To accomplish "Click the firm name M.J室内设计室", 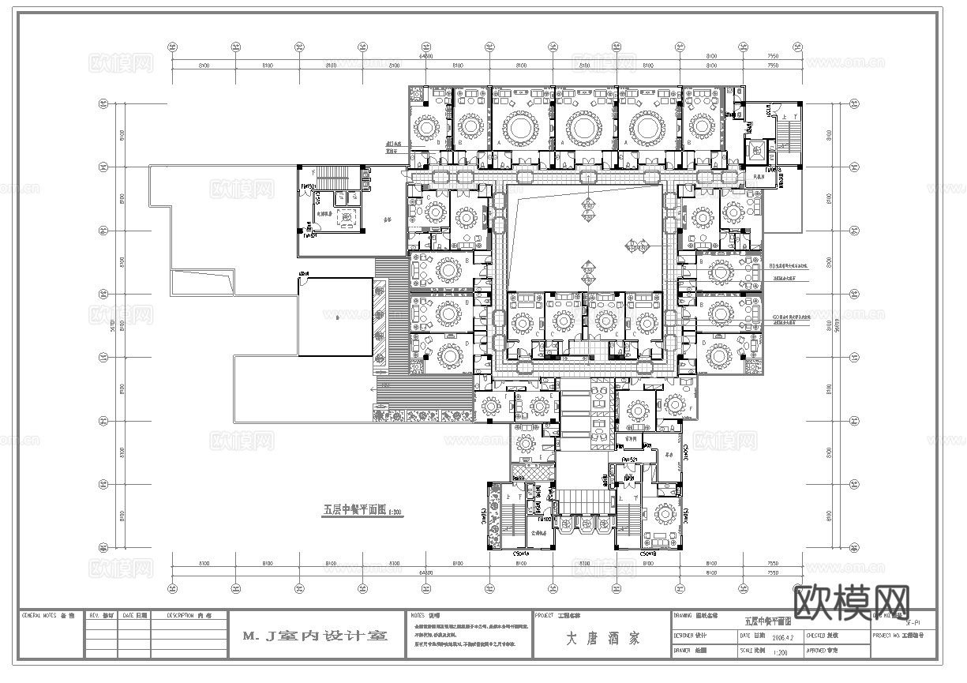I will (x=314, y=636).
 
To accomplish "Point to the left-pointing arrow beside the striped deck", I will (x=373, y=388).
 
